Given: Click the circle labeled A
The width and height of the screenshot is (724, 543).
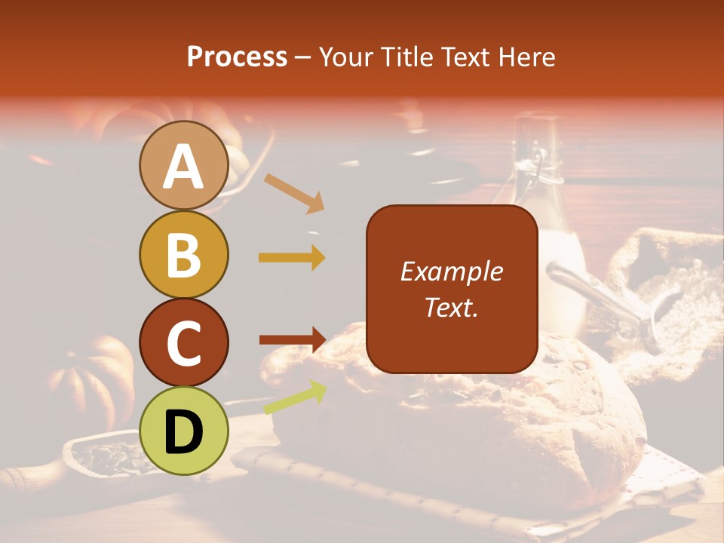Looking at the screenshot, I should coord(183,166).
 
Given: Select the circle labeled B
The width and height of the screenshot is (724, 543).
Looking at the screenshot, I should coord(183,255).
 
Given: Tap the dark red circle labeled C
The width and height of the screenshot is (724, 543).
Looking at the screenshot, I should coord(183,342).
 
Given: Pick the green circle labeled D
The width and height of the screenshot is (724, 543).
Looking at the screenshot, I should coord(183,431).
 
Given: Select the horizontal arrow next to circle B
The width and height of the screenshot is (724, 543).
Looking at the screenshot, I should coord(292,257).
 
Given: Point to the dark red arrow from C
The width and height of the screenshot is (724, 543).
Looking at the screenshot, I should coord(292,339).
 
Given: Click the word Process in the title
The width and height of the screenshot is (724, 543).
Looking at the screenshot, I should coord(237,57).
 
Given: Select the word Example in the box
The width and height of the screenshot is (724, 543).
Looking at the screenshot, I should coord(451,271).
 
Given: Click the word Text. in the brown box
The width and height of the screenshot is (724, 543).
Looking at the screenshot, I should coord(451,308).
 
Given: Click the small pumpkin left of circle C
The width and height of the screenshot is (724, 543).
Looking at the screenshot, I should coord(90,377).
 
